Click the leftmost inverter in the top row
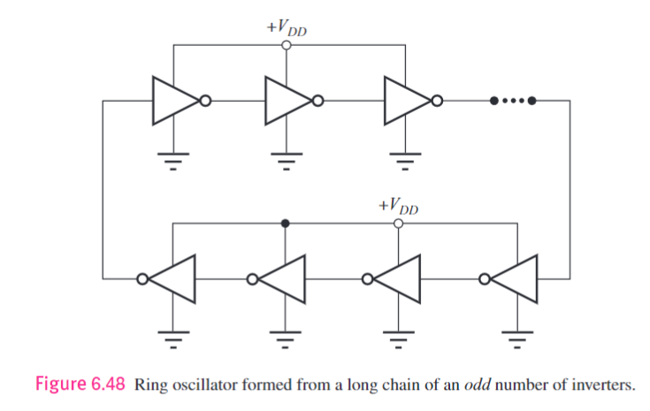pos(175,101)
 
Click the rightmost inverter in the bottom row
pos(515,278)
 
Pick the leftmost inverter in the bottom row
pos(173,278)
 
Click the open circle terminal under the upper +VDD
pos(286,45)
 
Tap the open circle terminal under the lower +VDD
pos(398,224)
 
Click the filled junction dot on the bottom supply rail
pos(285,224)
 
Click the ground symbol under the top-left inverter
pos(173,162)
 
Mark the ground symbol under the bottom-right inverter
pos(515,337)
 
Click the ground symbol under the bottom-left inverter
pos(173,337)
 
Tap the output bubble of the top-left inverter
pos(205,101)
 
